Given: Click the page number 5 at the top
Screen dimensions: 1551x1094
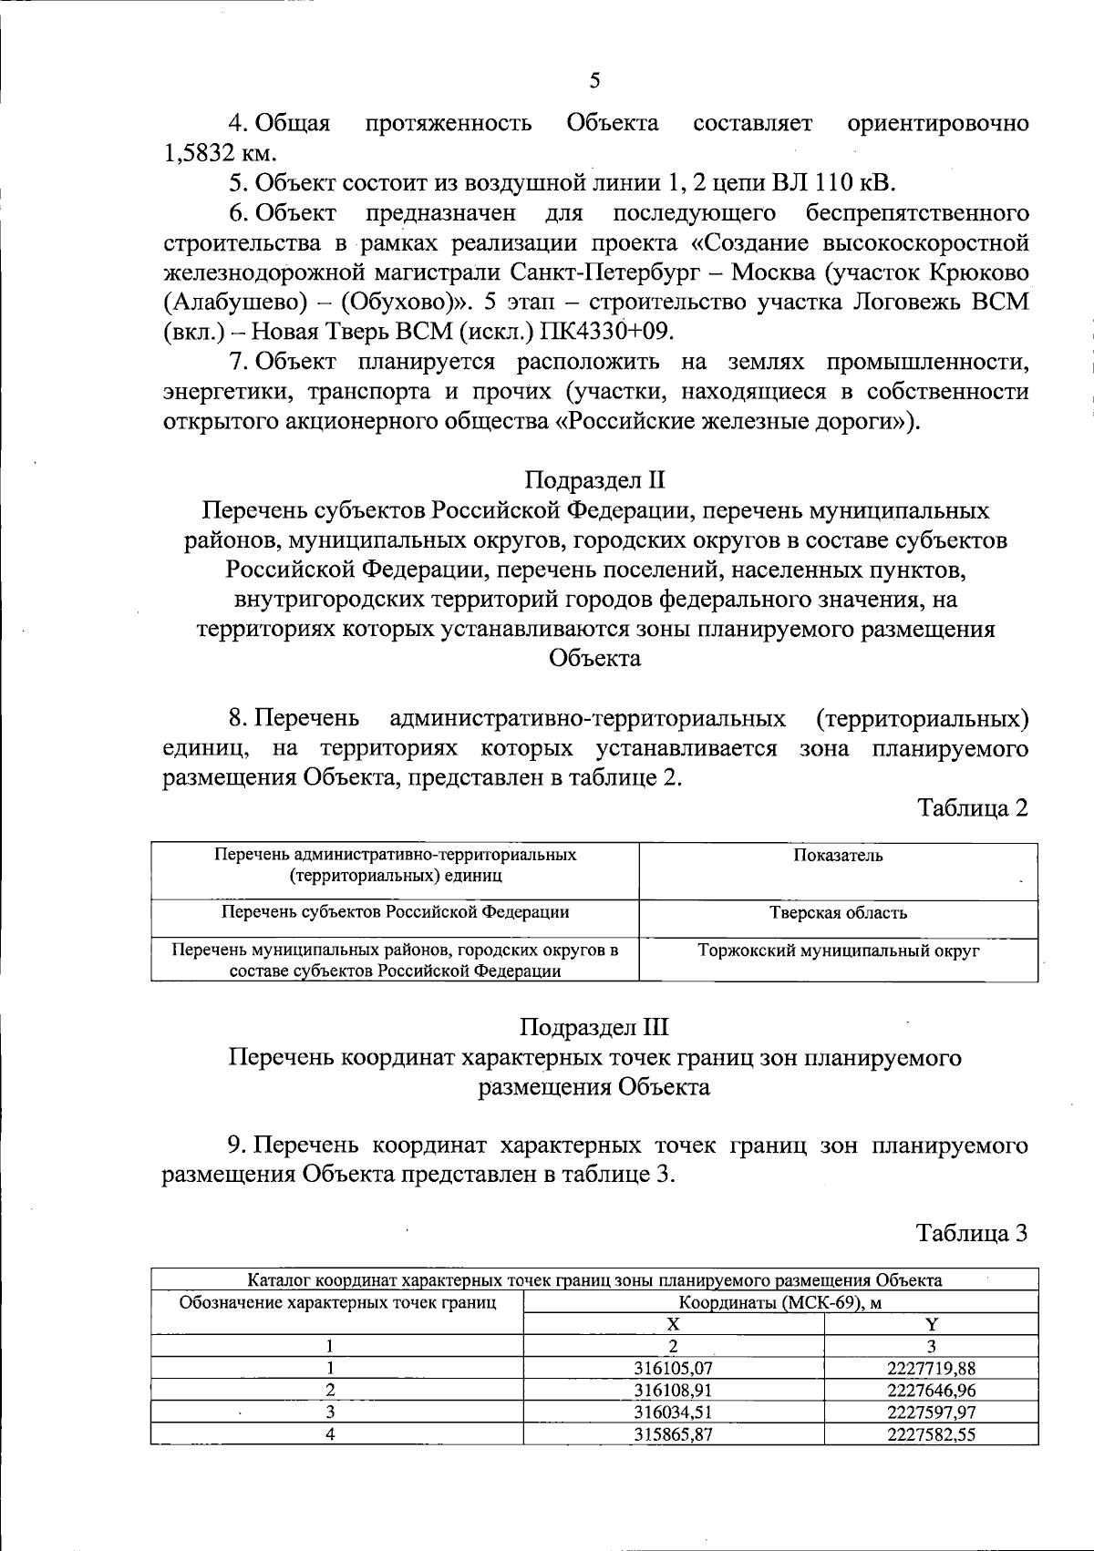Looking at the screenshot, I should [x=594, y=80].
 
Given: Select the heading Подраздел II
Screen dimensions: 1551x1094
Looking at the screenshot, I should [x=595, y=479].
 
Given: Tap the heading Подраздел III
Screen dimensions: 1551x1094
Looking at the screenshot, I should [x=594, y=1027].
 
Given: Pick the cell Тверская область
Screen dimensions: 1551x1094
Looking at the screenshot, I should [x=838, y=912].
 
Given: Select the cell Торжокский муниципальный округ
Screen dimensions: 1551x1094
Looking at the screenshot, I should [x=838, y=950].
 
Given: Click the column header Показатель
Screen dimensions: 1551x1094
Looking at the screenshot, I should [x=838, y=855].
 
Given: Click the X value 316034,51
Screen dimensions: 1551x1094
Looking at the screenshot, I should [x=673, y=1412].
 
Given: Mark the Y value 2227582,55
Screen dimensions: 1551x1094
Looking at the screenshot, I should [x=931, y=1433].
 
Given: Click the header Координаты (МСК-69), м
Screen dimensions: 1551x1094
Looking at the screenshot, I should [x=780, y=1302].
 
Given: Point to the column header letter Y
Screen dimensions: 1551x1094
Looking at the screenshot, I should [x=931, y=1324].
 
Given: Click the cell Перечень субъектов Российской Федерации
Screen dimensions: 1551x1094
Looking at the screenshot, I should [x=396, y=911].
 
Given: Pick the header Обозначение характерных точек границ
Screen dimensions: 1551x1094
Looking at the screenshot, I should [x=337, y=1302].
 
